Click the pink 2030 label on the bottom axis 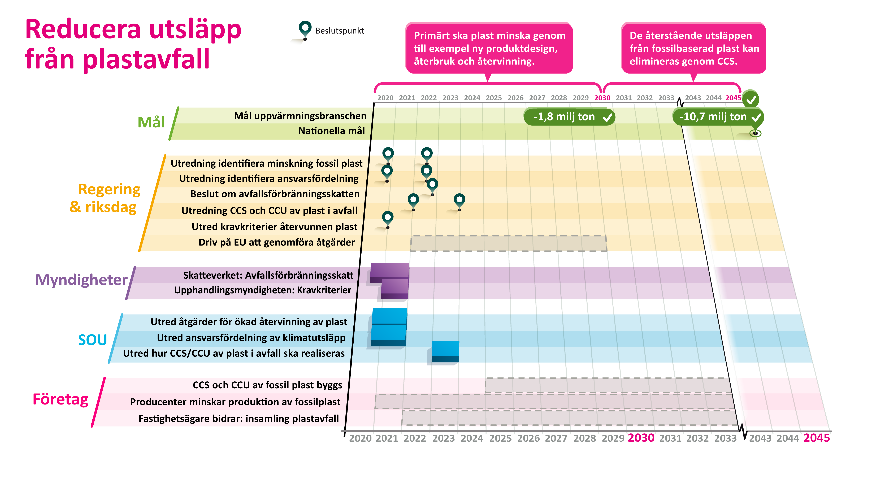click(x=641, y=438)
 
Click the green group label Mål click(x=151, y=122)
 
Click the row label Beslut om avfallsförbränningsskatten click(x=275, y=194)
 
